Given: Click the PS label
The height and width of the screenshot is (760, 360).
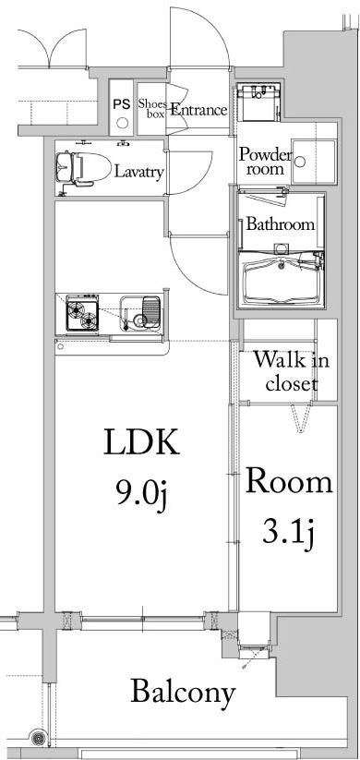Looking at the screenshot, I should tap(122, 104).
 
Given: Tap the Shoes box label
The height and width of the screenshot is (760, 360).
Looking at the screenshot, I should tap(151, 110).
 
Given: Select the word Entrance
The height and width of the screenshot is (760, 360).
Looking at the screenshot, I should tap(198, 110).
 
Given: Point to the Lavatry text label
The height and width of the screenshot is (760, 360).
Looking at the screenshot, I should tap(139, 172).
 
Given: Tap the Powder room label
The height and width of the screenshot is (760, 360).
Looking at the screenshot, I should tap(265, 163).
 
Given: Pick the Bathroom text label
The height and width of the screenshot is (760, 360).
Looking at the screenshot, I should tap(280, 224).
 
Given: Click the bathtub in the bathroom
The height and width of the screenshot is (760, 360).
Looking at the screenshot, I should tap(280, 278).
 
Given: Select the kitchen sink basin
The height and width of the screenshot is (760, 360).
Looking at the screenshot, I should tap(145, 313).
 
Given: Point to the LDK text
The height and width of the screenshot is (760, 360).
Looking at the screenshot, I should tap(139, 444).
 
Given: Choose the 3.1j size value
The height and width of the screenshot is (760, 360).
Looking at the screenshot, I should tap(286, 533).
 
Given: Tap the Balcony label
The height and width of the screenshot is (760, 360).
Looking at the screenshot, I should tap(182, 692).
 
